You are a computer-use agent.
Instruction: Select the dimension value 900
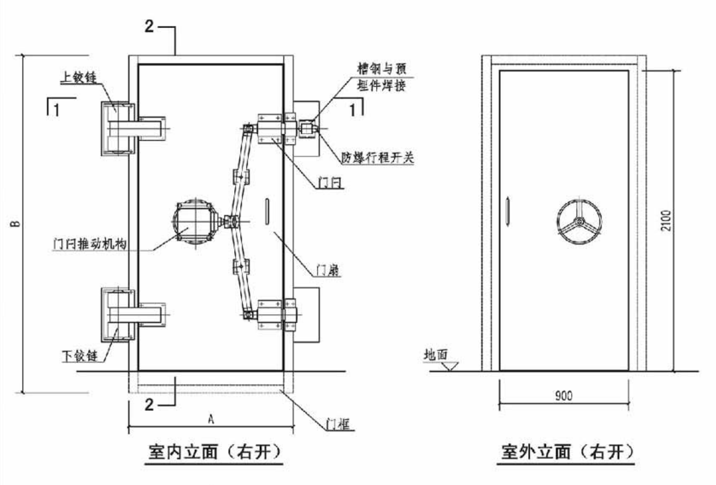point(563,395)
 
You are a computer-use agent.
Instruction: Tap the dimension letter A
point(210,418)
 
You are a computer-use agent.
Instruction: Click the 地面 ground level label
point(435,355)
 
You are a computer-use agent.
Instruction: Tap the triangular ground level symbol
point(450,365)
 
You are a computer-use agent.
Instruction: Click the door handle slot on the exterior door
point(507,208)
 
